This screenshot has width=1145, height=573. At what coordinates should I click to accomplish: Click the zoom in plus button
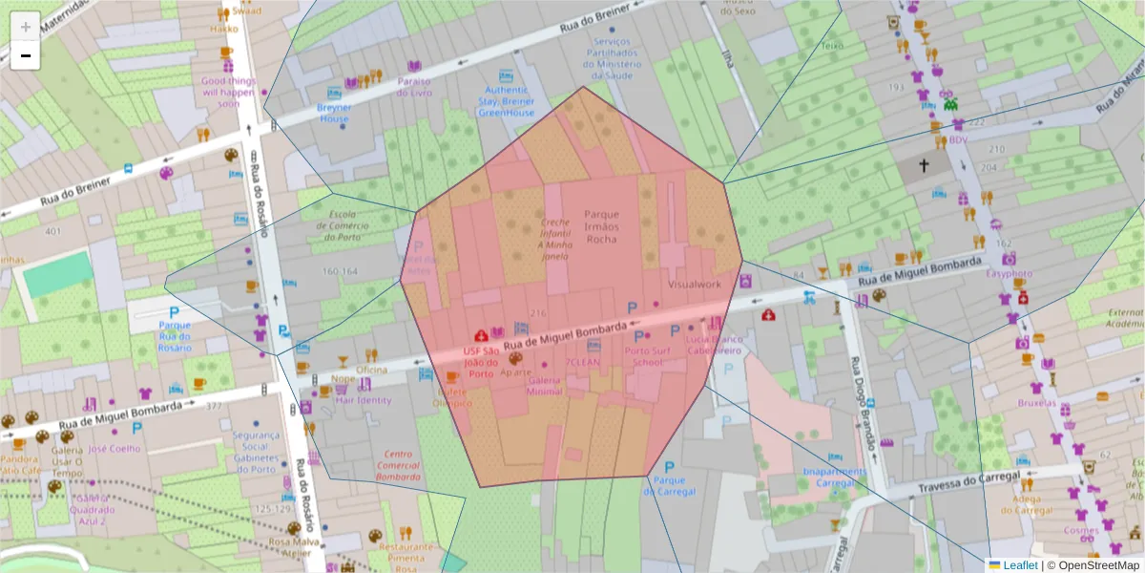(26, 27)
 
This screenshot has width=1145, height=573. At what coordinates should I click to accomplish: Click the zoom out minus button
(26, 55)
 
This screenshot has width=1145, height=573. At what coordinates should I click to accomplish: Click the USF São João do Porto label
(481, 362)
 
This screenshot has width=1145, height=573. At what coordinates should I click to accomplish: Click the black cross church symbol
(924, 166)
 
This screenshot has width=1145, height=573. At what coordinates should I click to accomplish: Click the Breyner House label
(335, 114)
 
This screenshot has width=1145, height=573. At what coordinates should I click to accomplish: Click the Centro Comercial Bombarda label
(398, 465)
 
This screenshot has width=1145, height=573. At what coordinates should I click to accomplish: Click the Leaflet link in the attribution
(1019, 564)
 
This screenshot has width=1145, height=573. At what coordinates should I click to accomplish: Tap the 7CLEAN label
(582, 363)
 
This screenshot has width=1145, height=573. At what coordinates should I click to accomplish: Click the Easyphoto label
(1009, 273)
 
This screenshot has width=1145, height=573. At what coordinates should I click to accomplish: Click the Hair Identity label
(364, 400)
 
